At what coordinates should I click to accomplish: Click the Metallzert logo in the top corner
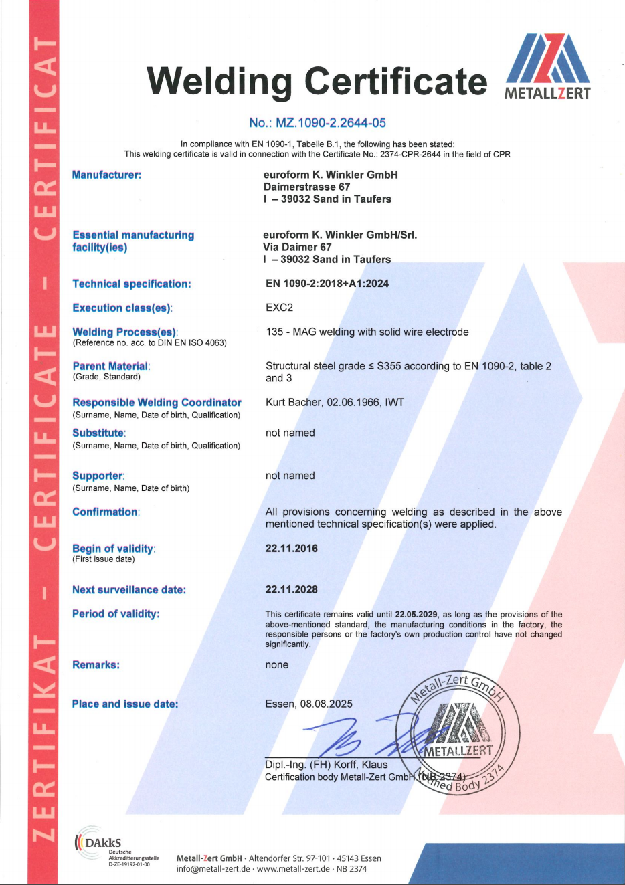point(547,67)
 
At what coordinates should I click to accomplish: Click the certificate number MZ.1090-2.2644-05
point(317,123)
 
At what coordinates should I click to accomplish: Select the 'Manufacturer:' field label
point(106,175)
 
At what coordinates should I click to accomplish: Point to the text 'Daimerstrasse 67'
point(306,187)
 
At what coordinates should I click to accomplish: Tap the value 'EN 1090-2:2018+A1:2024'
point(327,284)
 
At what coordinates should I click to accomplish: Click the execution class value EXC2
point(279,308)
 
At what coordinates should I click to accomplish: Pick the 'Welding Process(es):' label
point(125,332)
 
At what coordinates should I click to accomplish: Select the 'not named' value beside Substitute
point(290,433)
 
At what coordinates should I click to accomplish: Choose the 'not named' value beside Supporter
point(290,476)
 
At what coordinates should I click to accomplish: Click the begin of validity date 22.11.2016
point(291,549)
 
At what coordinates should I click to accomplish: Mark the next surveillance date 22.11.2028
point(291,589)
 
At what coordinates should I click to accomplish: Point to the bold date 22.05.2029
point(416,614)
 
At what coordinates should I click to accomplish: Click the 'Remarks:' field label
point(96,665)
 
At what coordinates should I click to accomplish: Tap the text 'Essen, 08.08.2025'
point(308,704)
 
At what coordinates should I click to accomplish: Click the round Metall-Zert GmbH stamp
point(458,732)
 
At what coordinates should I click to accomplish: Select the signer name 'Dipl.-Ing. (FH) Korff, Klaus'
point(326,765)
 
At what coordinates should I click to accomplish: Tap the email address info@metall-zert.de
point(213,869)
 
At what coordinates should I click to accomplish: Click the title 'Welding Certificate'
point(317,81)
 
